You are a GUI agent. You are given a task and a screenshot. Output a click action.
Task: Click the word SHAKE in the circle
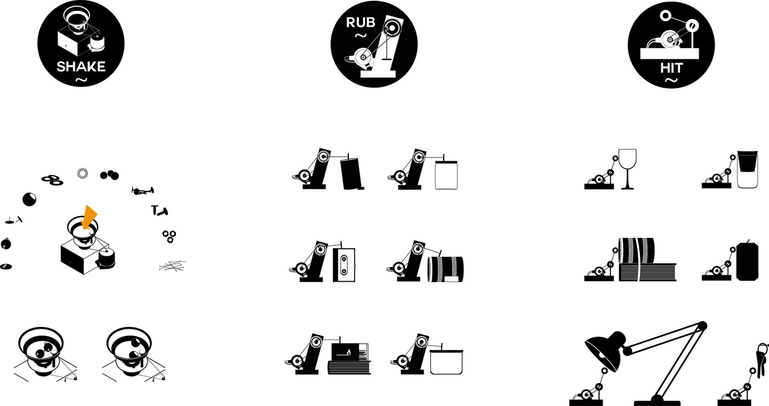pyautogui.click(x=81, y=66)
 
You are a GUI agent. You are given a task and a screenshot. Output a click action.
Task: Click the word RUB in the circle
pyautogui.click(x=360, y=22)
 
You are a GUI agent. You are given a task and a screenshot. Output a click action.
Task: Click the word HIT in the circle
pyautogui.click(x=671, y=68)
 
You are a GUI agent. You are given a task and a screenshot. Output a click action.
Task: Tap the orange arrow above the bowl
pyautogui.click(x=88, y=217)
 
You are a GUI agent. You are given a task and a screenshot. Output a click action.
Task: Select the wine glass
pyautogui.click(x=627, y=169)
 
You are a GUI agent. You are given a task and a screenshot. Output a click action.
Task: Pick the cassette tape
pyautogui.click(x=344, y=264)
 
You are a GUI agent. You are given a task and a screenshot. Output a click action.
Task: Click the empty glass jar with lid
pyautogui.click(x=446, y=174)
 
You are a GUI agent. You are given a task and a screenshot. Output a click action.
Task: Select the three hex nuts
pyautogui.click(x=169, y=236)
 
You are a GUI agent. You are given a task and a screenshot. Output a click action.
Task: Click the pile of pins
pyautogui.click(x=172, y=266)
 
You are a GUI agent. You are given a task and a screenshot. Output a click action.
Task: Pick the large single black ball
pyautogui.click(x=29, y=199)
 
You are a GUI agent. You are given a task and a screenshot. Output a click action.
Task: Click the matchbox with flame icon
pyautogui.click(x=350, y=352)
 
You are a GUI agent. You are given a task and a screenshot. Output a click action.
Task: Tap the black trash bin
pyautogui.click(x=351, y=173)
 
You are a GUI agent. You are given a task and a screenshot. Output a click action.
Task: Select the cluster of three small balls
pyautogui.click(x=109, y=175)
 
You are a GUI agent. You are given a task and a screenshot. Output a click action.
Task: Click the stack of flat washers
pyautogui.click(x=52, y=180)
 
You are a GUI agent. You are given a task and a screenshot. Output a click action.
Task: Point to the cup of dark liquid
pyautogui.click(x=748, y=169)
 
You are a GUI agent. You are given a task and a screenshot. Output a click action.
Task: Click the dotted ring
pyautogui.click(x=82, y=173)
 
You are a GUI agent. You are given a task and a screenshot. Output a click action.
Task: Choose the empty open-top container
pyautogui.click(x=446, y=362)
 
